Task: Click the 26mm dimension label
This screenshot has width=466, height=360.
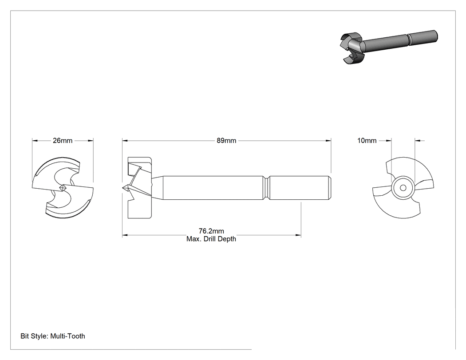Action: click(63, 141)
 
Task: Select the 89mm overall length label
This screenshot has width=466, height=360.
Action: click(226, 141)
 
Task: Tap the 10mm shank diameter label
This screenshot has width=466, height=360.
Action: click(367, 141)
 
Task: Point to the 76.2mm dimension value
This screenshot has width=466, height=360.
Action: click(211, 231)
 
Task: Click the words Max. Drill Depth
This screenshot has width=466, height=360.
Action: click(211, 239)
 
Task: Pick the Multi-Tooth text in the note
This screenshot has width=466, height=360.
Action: click(68, 336)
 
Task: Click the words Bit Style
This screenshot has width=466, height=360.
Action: click(34, 336)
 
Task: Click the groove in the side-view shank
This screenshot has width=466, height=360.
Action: click(267, 188)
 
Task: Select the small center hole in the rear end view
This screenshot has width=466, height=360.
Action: click(403, 188)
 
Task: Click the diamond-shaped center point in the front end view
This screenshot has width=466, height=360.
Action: click(63, 188)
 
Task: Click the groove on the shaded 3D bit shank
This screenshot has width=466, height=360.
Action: click(409, 39)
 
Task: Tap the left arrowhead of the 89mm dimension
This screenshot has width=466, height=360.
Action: click(125, 141)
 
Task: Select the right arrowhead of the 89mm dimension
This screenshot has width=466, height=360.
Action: click(328, 141)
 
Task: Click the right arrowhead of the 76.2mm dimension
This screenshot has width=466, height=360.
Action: click(298, 235)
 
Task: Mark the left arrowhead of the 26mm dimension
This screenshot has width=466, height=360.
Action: click(35, 141)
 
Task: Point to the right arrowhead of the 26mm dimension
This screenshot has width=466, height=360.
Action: click(91, 141)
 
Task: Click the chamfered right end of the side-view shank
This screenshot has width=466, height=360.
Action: click(330, 188)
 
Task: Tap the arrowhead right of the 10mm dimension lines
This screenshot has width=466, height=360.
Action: click(418, 141)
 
